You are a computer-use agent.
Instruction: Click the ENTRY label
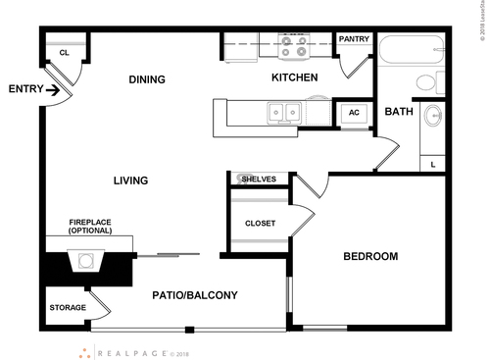coord(24,89)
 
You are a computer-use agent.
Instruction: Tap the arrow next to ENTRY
coord(54,94)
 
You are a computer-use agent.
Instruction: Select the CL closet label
coord(65,53)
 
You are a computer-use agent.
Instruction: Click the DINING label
coord(145,79)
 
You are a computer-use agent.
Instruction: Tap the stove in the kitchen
coord(294,45)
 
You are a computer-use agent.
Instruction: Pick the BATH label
coord(398,112)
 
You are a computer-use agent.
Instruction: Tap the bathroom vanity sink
coord(434,120)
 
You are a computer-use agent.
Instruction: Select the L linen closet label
coord(433,165)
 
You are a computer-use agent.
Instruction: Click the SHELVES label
coord(259,179)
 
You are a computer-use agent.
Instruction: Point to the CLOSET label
coord(260,223)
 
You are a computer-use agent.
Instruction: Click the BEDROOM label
coord(369,257)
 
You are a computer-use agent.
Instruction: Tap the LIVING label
coord(129,180)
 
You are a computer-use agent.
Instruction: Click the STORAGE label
coord(67,308)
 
